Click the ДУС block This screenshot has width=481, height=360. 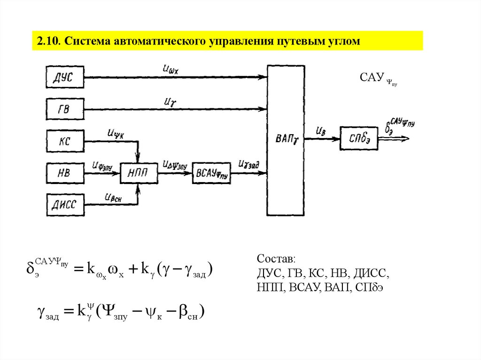pyautogui.click(x=65, y=77)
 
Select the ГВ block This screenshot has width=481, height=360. pyautogui.click(x=65, y=109)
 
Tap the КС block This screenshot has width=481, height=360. pyautogui.click(x=65, y=140)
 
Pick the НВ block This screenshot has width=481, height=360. pyautogui.click(x=65, y=173)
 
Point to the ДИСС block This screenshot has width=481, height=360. pyautogui.click(x=65, y=205)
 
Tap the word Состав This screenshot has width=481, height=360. pyautogui.click(x=276, y=260)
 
